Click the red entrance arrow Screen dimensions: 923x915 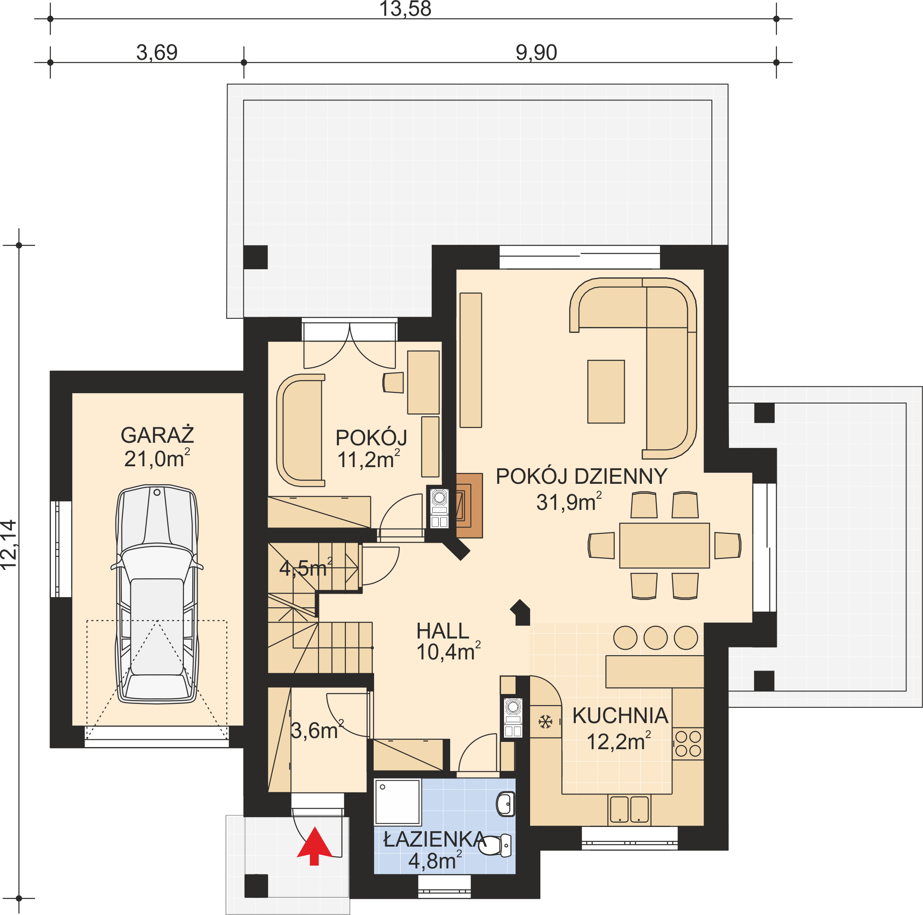[314, 846]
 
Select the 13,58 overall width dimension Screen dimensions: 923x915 [405, 9]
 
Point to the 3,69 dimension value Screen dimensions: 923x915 [157, 53]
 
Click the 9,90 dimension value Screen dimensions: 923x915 [536, 53]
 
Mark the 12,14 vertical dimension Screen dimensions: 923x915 [9, 545]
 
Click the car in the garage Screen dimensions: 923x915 [157, 594]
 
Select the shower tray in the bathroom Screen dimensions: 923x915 [398, 802]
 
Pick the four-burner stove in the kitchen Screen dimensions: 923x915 [688, 743]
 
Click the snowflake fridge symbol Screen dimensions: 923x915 [545, 721]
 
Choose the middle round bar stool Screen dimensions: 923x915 [655, 638]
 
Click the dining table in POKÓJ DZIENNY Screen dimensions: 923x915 [664, 545]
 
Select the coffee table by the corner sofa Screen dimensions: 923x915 [606, 391]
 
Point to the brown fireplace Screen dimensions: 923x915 [469, 505]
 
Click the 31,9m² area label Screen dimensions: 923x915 [569, 502]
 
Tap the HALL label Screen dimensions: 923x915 [442, 631]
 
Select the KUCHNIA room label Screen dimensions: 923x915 [620, 715]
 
